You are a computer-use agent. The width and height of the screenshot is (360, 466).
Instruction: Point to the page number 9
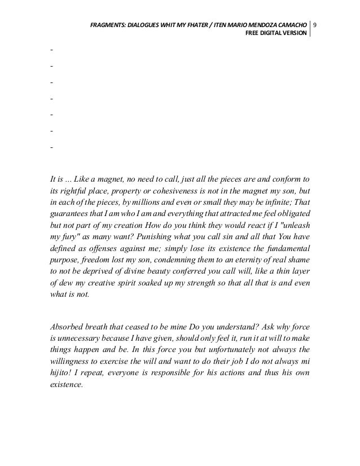click(x=315, y=25)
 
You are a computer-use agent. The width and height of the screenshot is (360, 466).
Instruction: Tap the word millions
click(x=157, y=204)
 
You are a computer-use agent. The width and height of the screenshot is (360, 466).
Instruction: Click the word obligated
click(x=292, y=216)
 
